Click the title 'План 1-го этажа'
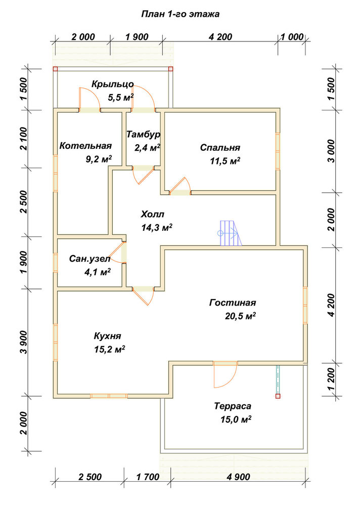pos(181,14)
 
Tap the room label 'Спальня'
pos(220,147)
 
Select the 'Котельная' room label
pos(85,146)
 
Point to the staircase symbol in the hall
pos(231,233)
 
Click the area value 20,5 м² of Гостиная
pos(240,316)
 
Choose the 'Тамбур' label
pos(143,134)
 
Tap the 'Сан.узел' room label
pos(89,259)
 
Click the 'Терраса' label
pos(233,406)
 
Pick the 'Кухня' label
pos(107,336)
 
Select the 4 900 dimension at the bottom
pos(238,477)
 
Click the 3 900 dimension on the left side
pos(24,342)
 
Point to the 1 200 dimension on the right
pos(332,379)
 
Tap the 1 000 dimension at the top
pos(292,37)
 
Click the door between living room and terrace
pos(225,374)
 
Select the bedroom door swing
pos(180,186)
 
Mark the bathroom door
pos(117,252)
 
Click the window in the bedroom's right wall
pos(278,151)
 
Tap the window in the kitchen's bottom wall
pos(109,396)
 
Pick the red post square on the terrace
pos(278,396)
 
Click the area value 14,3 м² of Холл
pos(156,228)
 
